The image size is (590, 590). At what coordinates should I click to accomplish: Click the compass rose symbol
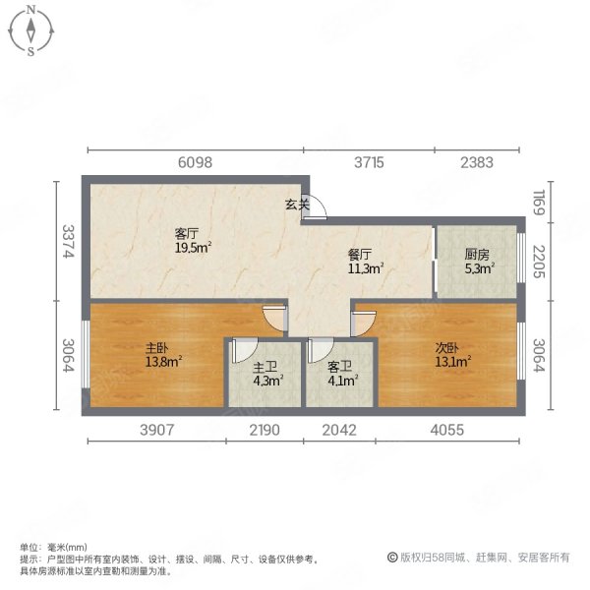point(30,30)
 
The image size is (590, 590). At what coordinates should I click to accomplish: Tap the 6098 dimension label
point(195,162)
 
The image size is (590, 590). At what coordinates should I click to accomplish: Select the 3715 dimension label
point(369,162)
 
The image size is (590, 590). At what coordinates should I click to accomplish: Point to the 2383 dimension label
point(477,162)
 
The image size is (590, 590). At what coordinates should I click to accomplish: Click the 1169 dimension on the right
point(539,203)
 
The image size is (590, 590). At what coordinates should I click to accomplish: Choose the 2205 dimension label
point(539,262)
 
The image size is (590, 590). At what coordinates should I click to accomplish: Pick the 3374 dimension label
point(68,241)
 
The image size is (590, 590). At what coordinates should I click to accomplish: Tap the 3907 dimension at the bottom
point(157,430)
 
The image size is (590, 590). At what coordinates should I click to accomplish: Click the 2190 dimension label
point(265,430)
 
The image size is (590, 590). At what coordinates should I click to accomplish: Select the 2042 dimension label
point(339,430)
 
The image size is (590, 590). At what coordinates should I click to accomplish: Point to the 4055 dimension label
point(447,430)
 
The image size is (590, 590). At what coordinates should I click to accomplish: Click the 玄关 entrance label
point(297,205)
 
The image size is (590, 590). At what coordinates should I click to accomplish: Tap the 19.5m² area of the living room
point(193,248)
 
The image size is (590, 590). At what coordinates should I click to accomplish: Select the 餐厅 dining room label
point(359,255)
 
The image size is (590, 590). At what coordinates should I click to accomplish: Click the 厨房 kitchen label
point(477,255)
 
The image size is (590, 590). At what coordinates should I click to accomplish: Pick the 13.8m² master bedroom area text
point(164,362)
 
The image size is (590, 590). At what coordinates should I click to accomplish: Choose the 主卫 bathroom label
point(265,367)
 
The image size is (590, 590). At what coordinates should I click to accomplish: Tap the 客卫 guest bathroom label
point(340,367)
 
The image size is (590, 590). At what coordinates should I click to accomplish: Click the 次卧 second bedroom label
point(447,347)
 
